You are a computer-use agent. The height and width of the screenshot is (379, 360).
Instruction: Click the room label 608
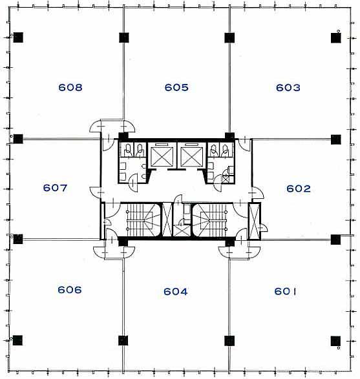(70, 87)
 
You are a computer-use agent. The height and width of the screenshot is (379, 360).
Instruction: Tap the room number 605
(176, 87)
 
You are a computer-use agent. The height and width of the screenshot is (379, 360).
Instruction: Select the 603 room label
(288, 88)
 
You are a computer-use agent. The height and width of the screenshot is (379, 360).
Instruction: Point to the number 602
(299, 189)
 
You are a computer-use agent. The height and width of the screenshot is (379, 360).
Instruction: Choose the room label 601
(285, 291)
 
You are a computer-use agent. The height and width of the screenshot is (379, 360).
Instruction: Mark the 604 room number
(175, 291)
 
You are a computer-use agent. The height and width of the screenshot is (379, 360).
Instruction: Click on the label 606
(70, 289)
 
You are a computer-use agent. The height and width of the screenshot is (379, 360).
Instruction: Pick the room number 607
(55, 188)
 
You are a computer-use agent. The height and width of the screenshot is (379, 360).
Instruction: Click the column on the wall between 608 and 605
(124, 37)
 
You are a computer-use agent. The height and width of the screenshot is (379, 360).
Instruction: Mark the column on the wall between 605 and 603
(229, 37)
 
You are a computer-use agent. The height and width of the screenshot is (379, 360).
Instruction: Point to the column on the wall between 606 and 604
(123, 340)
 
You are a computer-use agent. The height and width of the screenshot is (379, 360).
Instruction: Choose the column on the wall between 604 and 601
(229, 341)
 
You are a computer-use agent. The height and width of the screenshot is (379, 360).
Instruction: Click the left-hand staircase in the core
(140, 220)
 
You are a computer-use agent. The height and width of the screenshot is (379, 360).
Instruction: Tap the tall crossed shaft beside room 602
(254, 221)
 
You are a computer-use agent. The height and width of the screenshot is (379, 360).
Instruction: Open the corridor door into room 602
(257, 193)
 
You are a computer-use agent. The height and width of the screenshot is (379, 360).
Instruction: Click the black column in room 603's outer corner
(336, 37)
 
